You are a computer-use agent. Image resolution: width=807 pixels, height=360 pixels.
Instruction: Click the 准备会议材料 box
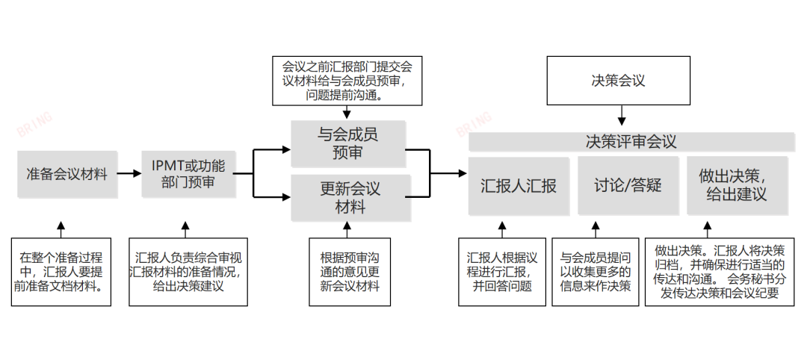(x=67, y=175)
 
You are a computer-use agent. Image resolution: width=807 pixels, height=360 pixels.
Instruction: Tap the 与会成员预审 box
(x=347, y=143)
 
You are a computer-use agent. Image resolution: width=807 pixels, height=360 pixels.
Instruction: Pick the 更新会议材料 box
(x=350, y=198)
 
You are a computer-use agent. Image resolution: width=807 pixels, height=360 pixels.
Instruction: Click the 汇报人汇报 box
(x=518, y=186)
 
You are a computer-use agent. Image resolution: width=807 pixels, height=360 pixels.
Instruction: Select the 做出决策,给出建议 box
(x=737, y=186)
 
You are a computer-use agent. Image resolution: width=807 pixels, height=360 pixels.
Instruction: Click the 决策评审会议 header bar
(x=631, y=142)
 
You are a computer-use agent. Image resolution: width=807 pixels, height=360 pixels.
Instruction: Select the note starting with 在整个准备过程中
(x=61, y=272)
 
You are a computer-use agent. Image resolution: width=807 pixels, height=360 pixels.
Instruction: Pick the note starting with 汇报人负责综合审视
(x=188, y=272)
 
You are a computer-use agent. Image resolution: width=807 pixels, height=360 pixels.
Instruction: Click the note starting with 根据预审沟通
(x=350, y=272)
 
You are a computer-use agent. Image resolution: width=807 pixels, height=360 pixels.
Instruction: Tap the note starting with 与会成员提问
(x=596, y=272)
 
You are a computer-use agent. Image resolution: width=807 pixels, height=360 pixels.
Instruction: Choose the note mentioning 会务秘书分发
(x=715, y=272)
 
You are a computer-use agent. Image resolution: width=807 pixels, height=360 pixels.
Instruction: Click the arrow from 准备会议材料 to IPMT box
(x=129, y=173)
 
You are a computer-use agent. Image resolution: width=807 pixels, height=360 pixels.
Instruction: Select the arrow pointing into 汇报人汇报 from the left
(x=448, y=173)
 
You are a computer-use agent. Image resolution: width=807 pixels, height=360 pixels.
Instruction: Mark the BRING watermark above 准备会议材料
(x=34, y=125)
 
